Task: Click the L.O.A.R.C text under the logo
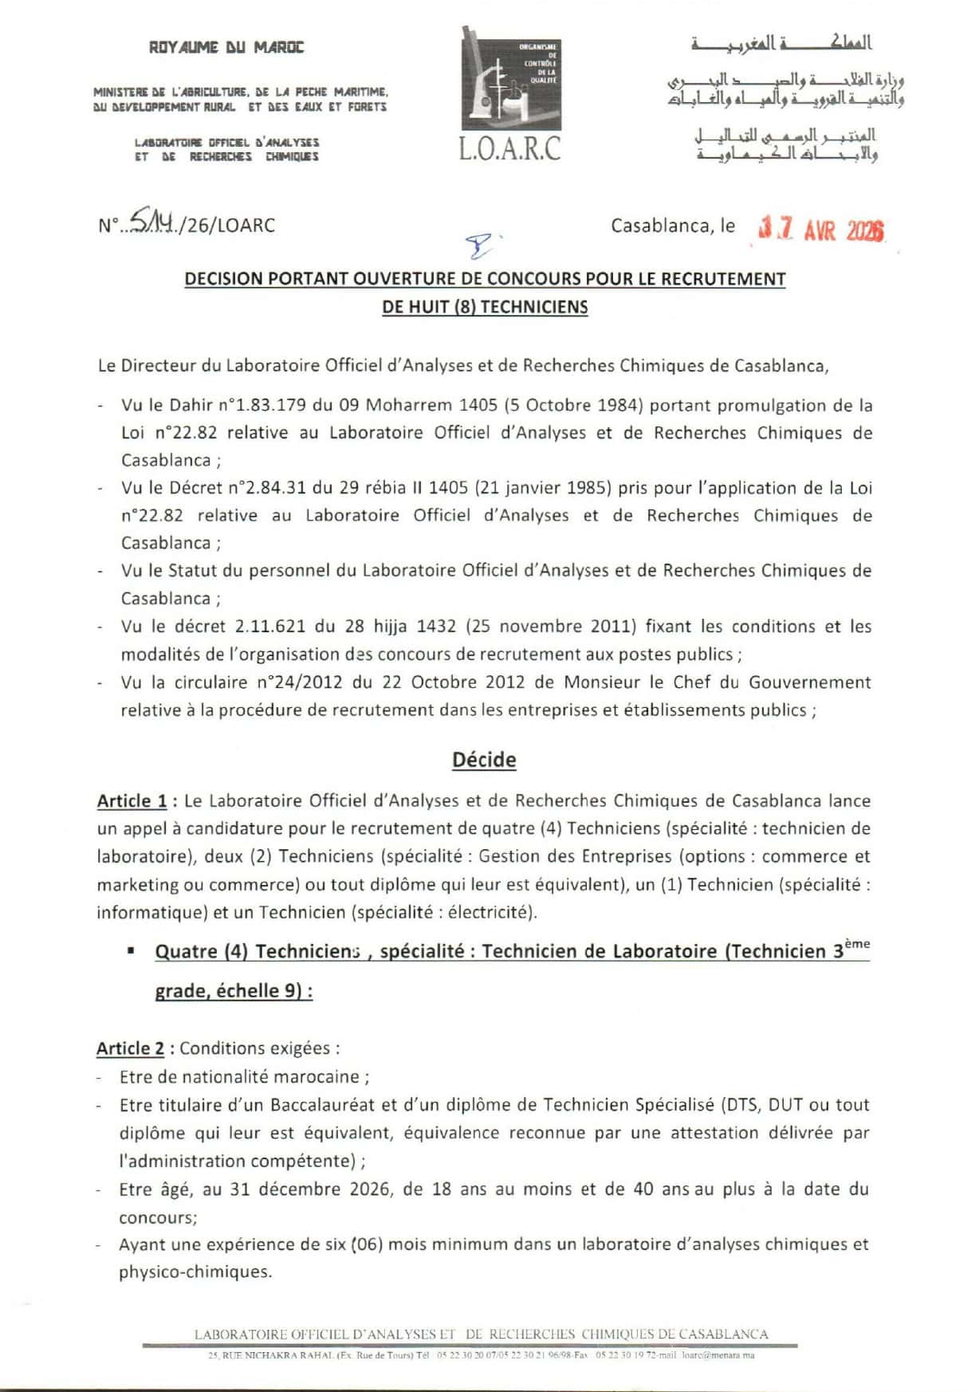coord(510,148)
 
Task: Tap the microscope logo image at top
coord(511,78)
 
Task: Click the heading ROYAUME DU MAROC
coord(226,48)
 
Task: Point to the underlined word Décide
coord(484,760)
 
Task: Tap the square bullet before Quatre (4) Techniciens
coord(131,951)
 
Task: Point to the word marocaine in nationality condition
coord(320,1077)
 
